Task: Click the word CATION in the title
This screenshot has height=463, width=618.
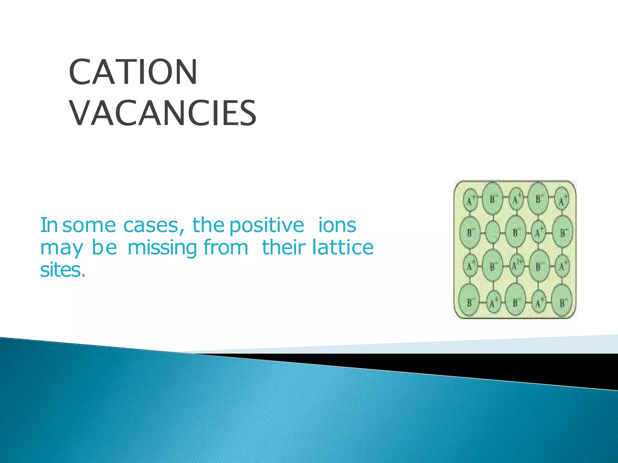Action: point(133,72)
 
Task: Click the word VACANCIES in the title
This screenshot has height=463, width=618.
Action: point(163,114)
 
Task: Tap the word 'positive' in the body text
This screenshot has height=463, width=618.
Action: point(267,225)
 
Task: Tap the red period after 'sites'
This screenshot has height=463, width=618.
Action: point(84,275)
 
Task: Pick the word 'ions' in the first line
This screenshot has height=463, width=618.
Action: point(337,225)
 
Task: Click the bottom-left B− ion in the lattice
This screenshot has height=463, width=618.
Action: point(470,302)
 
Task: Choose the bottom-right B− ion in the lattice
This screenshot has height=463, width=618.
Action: point(562,302)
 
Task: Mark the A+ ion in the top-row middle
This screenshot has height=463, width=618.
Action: point(517,199)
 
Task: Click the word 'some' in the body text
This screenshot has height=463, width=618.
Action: point(89,225)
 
